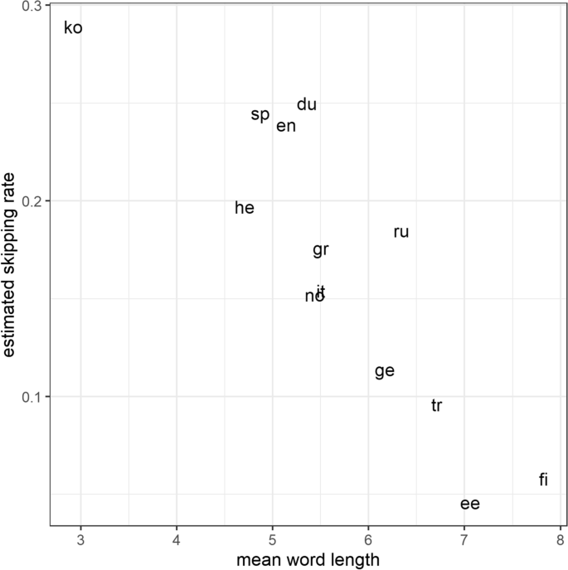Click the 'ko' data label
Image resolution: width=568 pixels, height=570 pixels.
(x=73, y=28)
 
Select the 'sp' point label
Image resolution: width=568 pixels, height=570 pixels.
(x=260, y=114)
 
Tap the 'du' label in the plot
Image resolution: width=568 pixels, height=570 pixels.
(x=307, y=104)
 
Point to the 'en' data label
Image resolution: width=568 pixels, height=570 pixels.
(x=286, y=126)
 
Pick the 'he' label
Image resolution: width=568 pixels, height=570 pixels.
(x=245, y=208)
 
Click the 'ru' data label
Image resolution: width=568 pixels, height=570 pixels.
(x=401, y=232)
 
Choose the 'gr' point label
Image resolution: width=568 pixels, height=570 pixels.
(x=321, y=249)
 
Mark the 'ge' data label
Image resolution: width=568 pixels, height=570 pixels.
(x=384, y=371)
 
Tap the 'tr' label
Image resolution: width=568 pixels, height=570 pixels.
(x=436, y=406)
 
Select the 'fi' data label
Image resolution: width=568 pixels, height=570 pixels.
(x=543, y=480)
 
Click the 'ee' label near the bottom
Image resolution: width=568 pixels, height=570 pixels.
(x=470, y=504)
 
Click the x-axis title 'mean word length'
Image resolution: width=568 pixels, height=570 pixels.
(x=308, y=560)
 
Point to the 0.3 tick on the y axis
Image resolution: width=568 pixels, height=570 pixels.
(x=32, y=7)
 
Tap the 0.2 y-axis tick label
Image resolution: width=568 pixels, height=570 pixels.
(x=32, y=201)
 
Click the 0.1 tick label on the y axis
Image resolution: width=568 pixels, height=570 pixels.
(x=32, y=397)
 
